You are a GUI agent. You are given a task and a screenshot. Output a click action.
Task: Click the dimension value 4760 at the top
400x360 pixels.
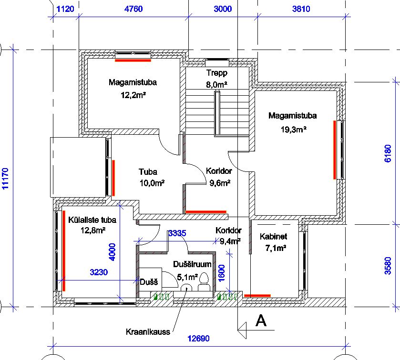tap(133, 9)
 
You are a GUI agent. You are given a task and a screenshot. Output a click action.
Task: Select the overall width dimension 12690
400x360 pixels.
tap(198, 339)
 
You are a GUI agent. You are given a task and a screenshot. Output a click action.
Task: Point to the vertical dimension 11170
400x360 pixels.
tap(5, 179)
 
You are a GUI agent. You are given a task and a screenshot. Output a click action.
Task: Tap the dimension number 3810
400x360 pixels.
tap(301, 9)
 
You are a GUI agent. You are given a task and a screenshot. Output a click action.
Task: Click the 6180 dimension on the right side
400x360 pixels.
tap(388, 153)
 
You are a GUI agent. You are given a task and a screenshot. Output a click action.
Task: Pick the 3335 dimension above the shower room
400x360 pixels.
tap(177, 233)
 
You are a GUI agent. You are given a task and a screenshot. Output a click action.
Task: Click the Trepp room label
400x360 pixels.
tap(217, 73)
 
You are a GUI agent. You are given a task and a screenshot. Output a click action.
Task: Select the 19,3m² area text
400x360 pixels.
tap(293, 130)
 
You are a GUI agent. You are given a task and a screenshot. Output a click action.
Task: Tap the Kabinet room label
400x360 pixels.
tap(274, 237)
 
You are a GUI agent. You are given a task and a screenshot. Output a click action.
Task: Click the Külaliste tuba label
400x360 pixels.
tap(92, 220)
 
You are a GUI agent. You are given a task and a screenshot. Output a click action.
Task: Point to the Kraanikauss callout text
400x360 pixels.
tap(148, 332)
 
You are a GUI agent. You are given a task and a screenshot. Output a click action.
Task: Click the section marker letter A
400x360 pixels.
tap(261, 320)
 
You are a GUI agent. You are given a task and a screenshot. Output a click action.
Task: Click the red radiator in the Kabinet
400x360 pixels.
tap(257, 296)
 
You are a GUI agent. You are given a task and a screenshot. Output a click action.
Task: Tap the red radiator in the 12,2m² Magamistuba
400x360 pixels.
tap(133, 60)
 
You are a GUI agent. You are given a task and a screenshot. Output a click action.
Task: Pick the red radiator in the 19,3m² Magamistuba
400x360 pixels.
tap(335, 150)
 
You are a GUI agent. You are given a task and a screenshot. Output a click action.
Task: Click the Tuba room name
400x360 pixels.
tap(148, 172)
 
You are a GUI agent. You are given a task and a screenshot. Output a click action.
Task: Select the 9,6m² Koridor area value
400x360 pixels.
tap(220, 183)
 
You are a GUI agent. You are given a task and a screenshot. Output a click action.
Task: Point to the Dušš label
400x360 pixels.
tap(149, 282)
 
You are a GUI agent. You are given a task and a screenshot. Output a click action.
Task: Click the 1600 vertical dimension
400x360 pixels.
tap(222, 273)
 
